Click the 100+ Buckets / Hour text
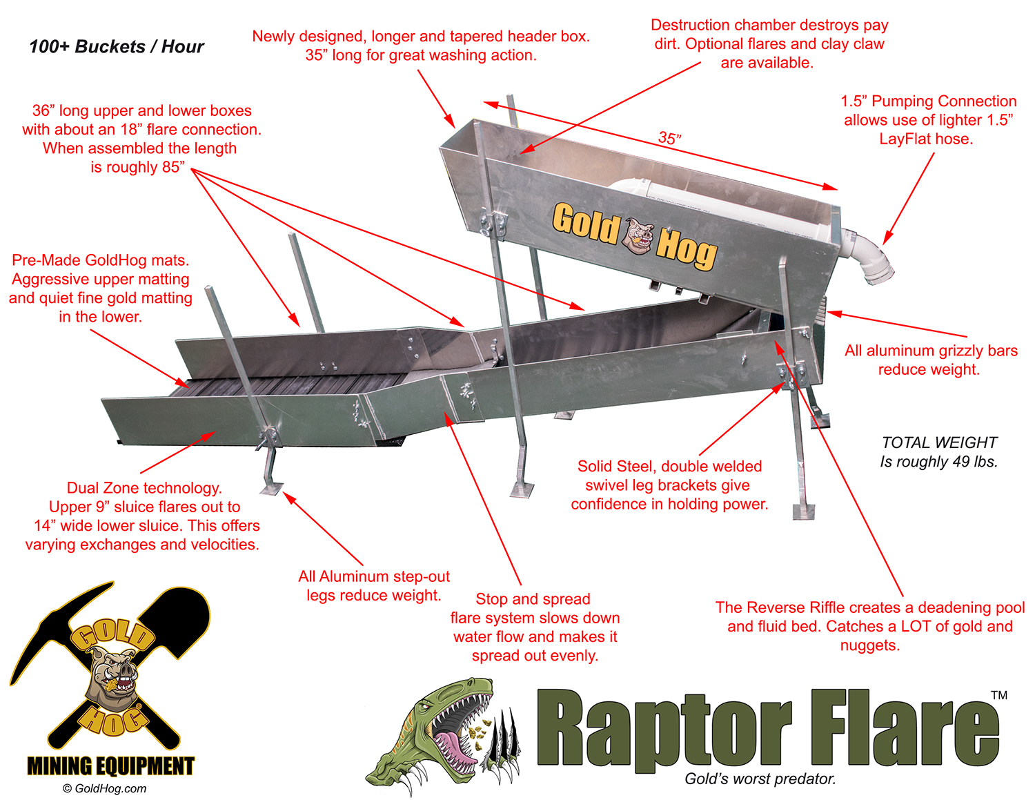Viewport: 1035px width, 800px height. pyautogui.click(x=117, y=47)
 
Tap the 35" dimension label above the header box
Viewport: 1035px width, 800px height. pyautogui.click(x=670, y=138)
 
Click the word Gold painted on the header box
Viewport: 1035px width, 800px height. pyautogui.click(x=586, y=223)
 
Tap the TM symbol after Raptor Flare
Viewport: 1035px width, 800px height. pyautogui.click(x=999, y=695)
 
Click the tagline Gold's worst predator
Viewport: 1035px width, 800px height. pyautogui.click(x=760, y=779)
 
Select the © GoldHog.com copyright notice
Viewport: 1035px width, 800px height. pyautogui.click(x=104, y=788)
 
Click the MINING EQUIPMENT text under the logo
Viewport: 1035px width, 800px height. pyautogui.click(x=110, y=766)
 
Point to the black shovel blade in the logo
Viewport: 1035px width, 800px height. pyautogui.click(x=179, y=618)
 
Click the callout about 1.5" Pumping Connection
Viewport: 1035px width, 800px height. pyautogui.click(x=928, y=119)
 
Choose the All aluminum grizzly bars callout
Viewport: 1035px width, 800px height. pyautogui.click(x=931, y=360)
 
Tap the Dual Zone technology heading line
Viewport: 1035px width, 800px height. pyautogui.click(x=144, y=488)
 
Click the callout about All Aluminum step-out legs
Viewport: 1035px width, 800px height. pyautogui.click(x=374, y=585)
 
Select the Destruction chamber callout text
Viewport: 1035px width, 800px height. pyautogui.click(x=769, y=43)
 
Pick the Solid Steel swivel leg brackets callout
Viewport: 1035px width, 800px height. pyautogui.click(x=670, y=485)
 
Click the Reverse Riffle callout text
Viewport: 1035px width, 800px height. pyautogui.click(x=869, y=626)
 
